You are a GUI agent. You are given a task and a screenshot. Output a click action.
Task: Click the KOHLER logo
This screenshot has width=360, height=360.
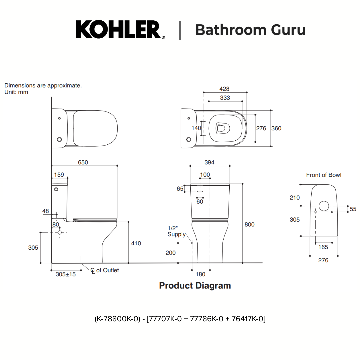pyautogui.click(x=120, y=30)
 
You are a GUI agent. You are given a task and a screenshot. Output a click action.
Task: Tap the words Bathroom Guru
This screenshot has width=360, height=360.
pyautogui.click(x=250, y=30)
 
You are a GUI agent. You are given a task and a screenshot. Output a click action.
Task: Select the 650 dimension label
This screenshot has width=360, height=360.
pyautogui.click(x=83, y=162)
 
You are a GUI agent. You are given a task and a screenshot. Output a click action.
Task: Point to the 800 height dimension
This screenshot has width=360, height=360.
pyautogui.click(x=249, y=224)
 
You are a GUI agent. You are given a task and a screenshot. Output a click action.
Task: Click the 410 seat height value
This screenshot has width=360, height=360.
pyautogui.click(x=136, y=243)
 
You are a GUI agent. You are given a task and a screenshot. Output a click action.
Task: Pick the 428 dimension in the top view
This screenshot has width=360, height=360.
pyautogui.click(x=224, y=89)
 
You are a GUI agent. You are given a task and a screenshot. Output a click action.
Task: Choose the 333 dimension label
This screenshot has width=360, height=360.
pyautogui.click(x=225, y=98)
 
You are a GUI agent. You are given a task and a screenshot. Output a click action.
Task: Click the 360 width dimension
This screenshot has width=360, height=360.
pyautogui.click(x=276, y=128)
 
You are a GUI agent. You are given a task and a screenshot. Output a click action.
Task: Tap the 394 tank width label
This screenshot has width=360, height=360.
pyautogui.click(x=209, y=162)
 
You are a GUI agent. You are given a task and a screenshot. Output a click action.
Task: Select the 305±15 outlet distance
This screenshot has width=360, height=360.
pyautogui.click(x=66, y=274)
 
